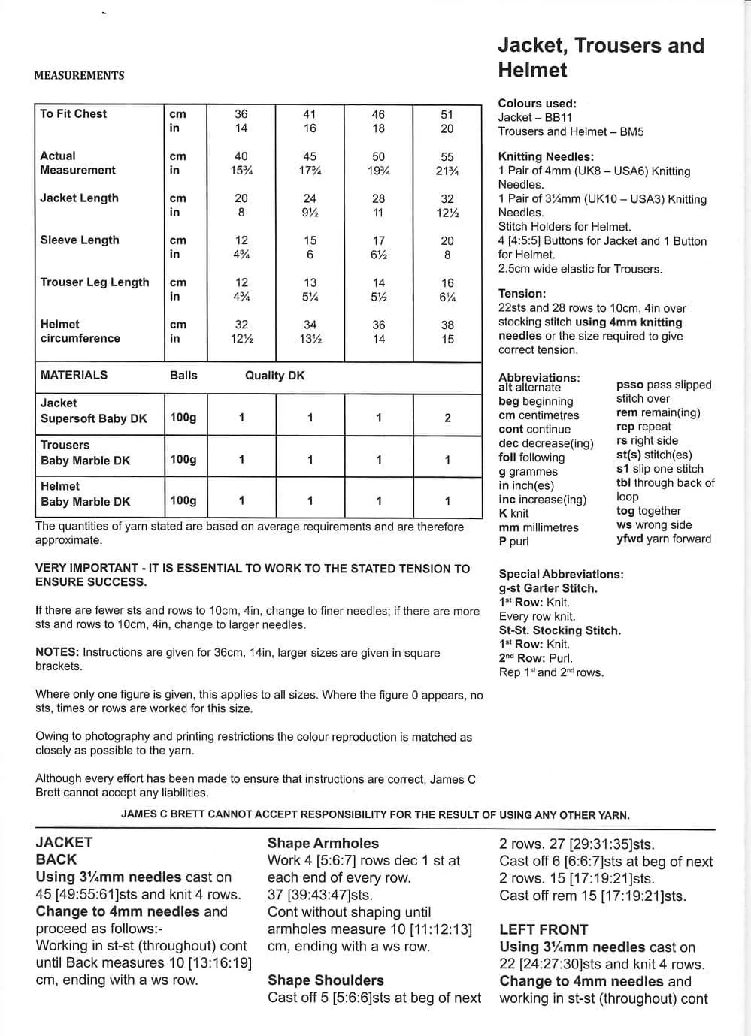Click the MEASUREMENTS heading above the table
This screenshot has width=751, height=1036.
click(x=79, y=75)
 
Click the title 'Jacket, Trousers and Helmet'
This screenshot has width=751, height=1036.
click(x=601, y=58)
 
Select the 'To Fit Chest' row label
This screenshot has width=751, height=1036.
click(x=74, y=114)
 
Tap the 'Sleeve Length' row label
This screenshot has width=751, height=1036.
click(x=80, y=240)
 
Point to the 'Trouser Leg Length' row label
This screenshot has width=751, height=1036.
click(x=95, y=282)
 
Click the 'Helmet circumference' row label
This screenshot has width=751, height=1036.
click(x=80, y=331)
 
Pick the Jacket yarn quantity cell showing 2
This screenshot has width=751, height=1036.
click(x=447, y=418)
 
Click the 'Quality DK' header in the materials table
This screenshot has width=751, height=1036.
click(x=274, y=376)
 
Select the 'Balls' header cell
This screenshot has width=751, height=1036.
click(x=183, y=376)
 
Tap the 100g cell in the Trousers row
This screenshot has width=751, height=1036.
click(x=183, y=460)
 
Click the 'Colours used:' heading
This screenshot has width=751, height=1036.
click(x=537, y=104)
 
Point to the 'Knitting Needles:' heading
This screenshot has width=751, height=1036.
click(x=546, y=157)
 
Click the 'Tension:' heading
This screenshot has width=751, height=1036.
click(x=522, y=294)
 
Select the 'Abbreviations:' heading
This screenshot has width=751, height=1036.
click(x=539, y=377)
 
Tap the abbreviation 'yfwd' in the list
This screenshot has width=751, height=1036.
click(x=630, y=539)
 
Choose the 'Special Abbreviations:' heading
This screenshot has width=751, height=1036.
click(x=561, y=575)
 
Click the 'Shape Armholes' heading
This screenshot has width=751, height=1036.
click(x=323, y=844)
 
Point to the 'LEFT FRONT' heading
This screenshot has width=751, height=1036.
click(x=544, y=929)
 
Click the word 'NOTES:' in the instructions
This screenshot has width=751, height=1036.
click(x=57, y=652)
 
